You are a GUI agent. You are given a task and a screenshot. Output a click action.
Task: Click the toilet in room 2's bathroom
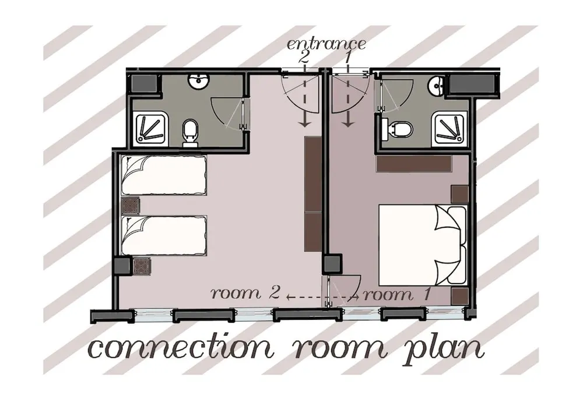point(190,133)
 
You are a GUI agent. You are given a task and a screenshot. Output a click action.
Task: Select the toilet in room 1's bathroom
point(398,128)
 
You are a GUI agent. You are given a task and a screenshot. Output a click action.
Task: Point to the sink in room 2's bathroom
point(198,83)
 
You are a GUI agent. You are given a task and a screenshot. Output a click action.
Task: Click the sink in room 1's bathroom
point(435,87)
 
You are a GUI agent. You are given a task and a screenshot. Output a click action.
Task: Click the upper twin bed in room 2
point(164,175)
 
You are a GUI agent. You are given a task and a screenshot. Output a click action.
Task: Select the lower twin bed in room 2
point(164,235)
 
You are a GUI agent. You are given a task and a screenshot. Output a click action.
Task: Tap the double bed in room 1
point(423,243)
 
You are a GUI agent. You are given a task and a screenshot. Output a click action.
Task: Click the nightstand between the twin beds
point(129,205)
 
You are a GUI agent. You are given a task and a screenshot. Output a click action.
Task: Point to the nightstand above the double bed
point(459,193)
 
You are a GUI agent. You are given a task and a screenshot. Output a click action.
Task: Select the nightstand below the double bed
point(459,296)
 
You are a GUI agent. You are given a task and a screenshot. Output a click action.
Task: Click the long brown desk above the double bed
point(415,164)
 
